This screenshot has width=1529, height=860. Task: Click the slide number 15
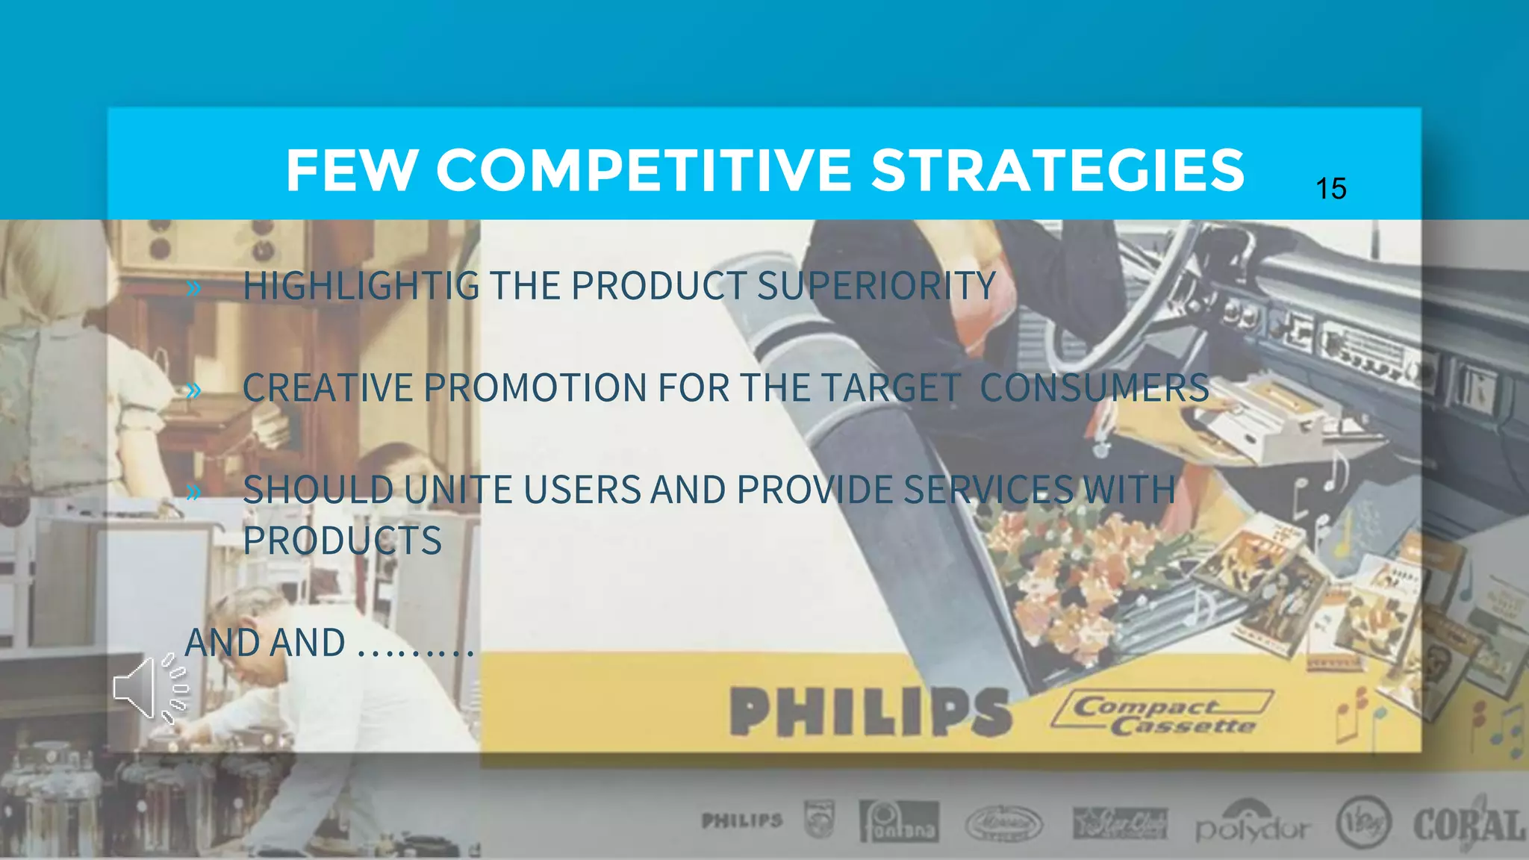pos(1331,189)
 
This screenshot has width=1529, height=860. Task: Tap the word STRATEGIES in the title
pos(1058,170)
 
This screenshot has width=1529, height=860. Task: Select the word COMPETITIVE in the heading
pos(644,170)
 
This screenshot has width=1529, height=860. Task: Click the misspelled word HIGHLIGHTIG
pos(361,286)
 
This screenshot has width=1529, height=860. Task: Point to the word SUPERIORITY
pos(876,286)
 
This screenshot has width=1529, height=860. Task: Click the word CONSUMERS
pos(1094,388)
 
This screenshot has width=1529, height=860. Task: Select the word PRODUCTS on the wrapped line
pos(342,541)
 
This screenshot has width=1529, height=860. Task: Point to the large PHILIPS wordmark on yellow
pos(870,711)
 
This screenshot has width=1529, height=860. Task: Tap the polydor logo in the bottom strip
pos(1253,826)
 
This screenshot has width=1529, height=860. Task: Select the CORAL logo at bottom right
pos(1468,826)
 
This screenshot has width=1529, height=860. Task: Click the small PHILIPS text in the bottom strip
pos(742,821)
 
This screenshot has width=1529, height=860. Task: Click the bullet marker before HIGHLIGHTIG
pos(194,287)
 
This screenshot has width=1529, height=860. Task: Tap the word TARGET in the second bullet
pos(890,388)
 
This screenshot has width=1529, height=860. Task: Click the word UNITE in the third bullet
pos(458,490)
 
